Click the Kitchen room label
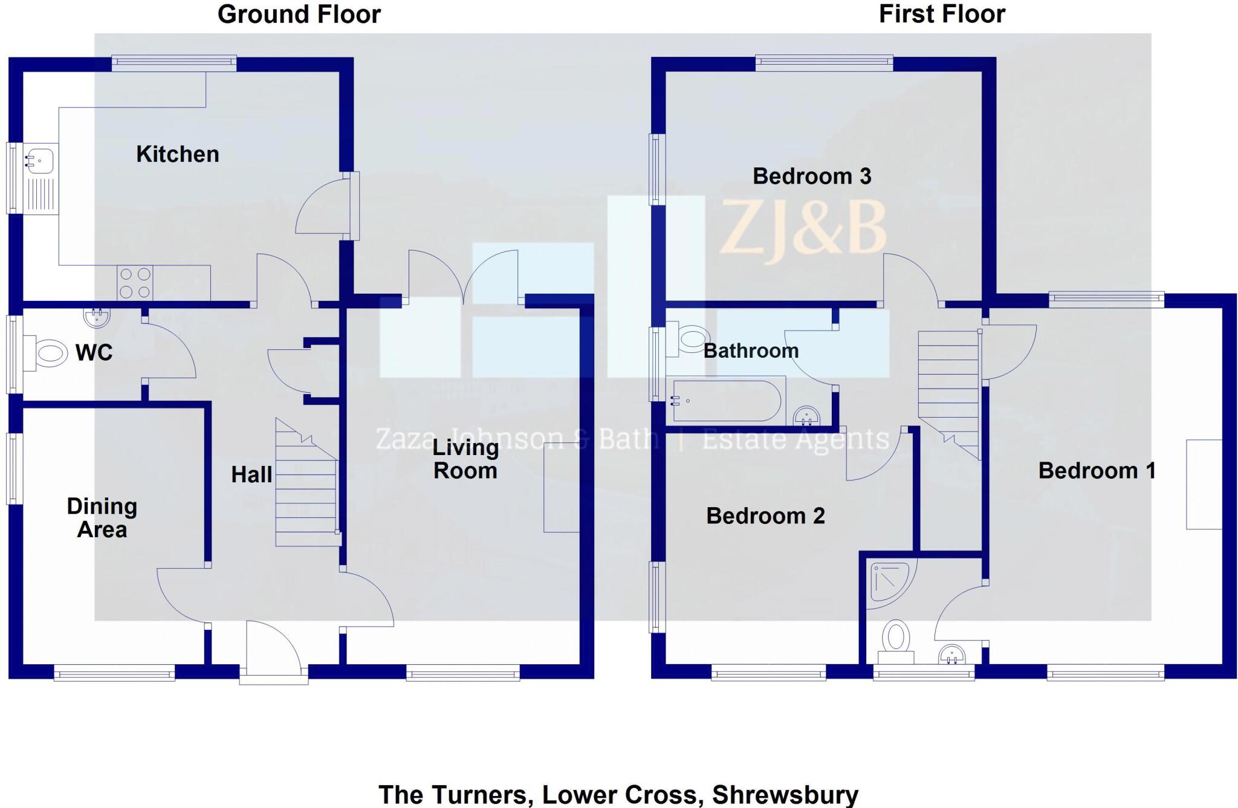point(178,154)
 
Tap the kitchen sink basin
point(39,161)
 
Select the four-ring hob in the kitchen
point(135,283)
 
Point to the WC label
point(94,352)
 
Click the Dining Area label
point(102,518)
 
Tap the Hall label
point(251,474)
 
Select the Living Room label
point(465,459)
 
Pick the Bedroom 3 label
point(812,176)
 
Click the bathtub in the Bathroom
point(727,401)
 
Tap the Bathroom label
point(751,351)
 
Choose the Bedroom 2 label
point(765,516)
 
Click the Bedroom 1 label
point(1097,470)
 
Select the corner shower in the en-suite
point(891,583)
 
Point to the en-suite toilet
point(896,642)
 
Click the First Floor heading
point(942,14)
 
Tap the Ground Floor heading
point(299,14)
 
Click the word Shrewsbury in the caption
point(785,794)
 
